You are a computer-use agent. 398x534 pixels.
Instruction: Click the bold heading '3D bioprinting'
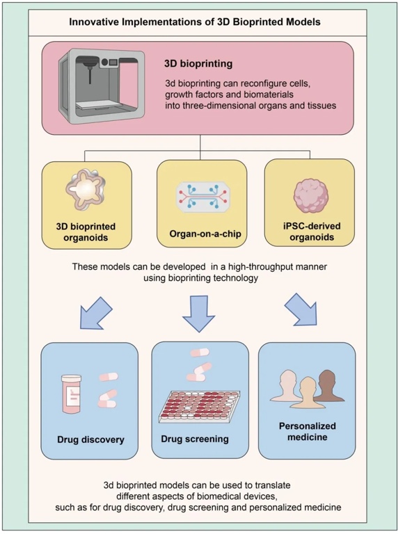pyautogui.click(x=198, y=64)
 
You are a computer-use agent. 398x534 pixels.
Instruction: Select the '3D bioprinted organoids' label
pyautogui.click(x=86, y=232)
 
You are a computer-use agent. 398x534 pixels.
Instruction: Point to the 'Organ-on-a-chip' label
pyautogui.click(x=205, y=234)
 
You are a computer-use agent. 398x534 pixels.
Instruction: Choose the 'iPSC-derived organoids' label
pyautogui.click(x=312, y=232)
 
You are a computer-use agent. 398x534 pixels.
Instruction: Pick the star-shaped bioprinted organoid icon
pyautogui.click(x=86, y=191)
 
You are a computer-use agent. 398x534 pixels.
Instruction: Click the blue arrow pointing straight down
pyautogui.click(x=199, y=314)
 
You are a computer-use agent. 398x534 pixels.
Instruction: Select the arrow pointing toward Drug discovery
pyautogui.click(x=96, y=312)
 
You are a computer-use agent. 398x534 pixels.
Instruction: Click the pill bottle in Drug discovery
pyautogui.click(x=72, y=394)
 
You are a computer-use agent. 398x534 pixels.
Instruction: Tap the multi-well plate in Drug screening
pyautogui.click(x=200, y=407)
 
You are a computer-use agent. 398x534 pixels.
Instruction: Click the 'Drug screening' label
pyautogui.click(x=195, y=439)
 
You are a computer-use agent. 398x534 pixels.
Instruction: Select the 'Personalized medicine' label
pyautogui.click(x=308, y=431)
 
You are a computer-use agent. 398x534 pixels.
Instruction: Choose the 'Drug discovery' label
pyautogui.click(x=90, y=439)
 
